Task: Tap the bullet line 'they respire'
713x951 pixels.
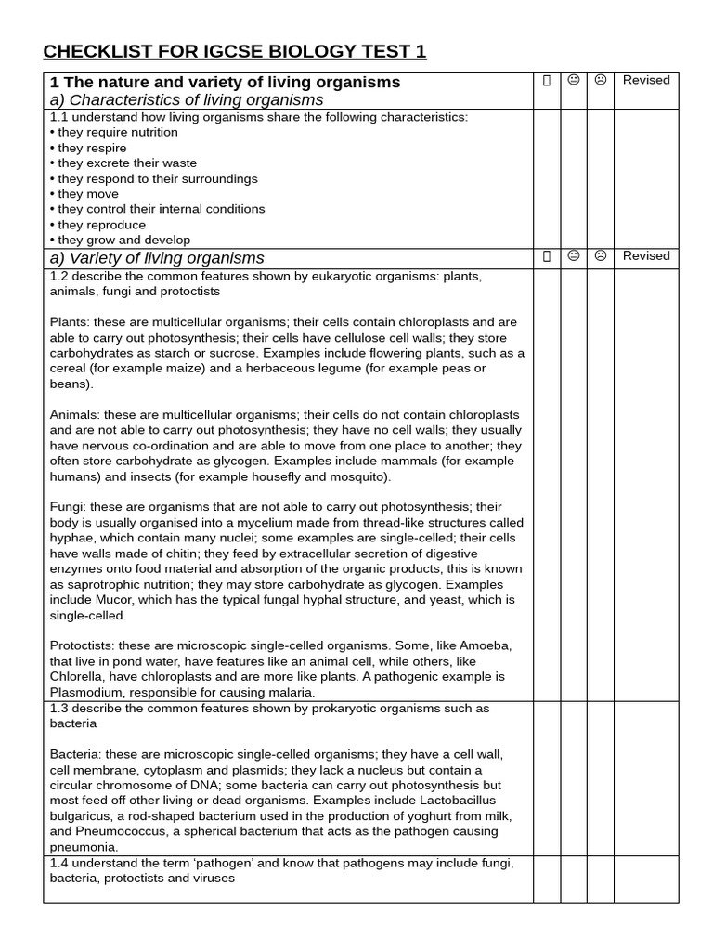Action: (x=92, y=148)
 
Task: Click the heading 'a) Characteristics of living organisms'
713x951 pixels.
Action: (x=187, y=99)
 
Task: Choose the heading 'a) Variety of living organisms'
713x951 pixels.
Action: (x=157, y=258)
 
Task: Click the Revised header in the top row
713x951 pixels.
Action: (x=646, y=81)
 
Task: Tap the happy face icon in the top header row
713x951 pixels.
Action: (x=574, y=81)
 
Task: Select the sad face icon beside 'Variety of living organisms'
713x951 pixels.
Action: (x=601, y=256)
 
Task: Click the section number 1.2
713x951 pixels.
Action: (x=58, y=277)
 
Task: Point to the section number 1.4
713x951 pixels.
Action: (x=58, y=863)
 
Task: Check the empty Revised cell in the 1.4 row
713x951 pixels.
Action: (x=646, y=879)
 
